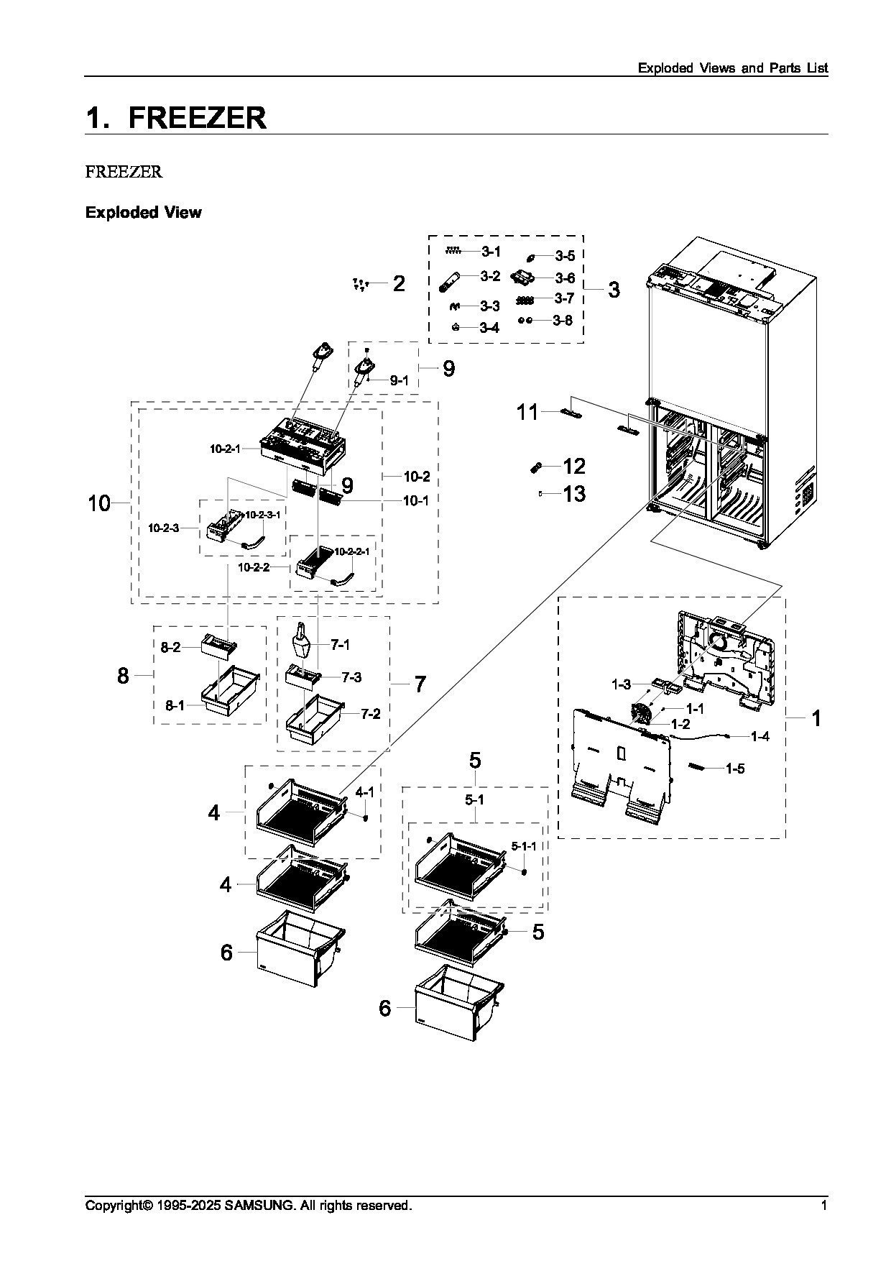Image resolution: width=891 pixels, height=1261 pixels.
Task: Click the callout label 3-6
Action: click(x=564, y=278)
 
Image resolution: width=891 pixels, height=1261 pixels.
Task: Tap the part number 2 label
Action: click(x=399, y=283)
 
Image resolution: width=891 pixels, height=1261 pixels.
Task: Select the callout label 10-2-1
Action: click(x=225, y=449)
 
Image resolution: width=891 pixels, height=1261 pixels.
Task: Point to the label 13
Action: click(x=574, y=494)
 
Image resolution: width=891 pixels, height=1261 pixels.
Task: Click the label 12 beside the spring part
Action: click(x=574, y=467)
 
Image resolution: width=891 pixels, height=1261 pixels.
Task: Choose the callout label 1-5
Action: click(x=734, y=769)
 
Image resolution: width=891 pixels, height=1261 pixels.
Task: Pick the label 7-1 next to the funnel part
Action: click(x=341, y=645)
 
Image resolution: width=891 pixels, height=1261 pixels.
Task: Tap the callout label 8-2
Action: click(x=170, y=648)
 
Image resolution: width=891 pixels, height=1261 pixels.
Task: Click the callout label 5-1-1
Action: click(x=523, y=846)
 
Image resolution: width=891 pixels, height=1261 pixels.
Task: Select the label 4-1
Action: click(x=365, y=792)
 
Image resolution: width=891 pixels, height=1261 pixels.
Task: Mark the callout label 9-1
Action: click(x=399, y=380)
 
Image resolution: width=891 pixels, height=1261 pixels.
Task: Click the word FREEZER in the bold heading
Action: click(x=198, y=118)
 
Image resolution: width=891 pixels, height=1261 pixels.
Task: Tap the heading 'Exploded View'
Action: click(x=144, y=212)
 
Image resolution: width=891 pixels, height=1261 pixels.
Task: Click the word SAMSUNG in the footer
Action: click(x=258, y=1205)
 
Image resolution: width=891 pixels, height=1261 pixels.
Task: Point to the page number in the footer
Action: click(x=824, y=1205)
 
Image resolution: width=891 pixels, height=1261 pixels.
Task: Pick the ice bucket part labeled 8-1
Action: click(x=231, y=689)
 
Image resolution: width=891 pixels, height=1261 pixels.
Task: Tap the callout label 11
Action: click(x=527, y=412)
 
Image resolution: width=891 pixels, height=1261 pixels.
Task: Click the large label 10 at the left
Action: click(x=99, y=503)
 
